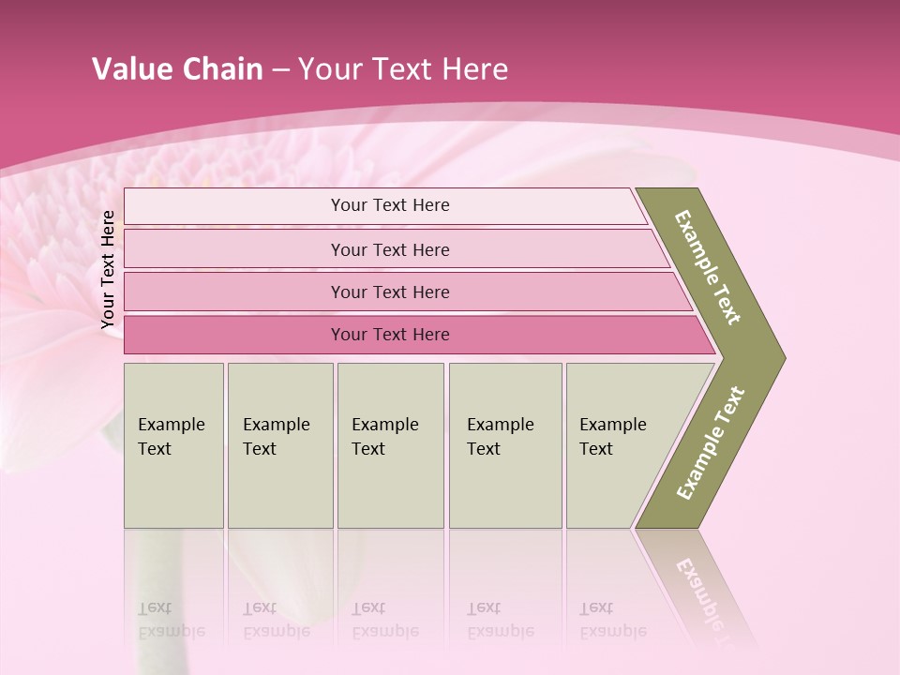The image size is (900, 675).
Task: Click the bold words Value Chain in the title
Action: pyautogui.click(x=177, y=69)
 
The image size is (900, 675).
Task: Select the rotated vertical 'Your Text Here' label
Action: pyautogui.click(x=108, y=269)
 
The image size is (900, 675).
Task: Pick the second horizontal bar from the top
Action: pyautogui.click(x=389, y=249)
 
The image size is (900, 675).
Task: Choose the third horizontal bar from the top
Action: pyautogui.click(x=389, y=292)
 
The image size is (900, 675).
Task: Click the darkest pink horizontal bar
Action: pyautogui.click(x=389, y=335)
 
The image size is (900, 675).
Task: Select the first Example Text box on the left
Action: pyautogui.click(x=173, y=445)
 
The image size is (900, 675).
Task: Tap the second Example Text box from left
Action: pyautogui.click(x=279, y=445)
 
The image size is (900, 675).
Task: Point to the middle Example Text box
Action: pyautogui.click(x=390, y=445)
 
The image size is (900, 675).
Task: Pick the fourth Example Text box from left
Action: pyautogui.click(x=504, y=445)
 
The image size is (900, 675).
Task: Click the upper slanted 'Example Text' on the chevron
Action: pyautogui.click(x=708, y=267)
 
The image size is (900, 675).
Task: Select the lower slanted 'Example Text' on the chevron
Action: pyautogui.click(x=711, y=443)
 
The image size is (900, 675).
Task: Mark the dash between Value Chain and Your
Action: pyautogui.click(x=280, y=70)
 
